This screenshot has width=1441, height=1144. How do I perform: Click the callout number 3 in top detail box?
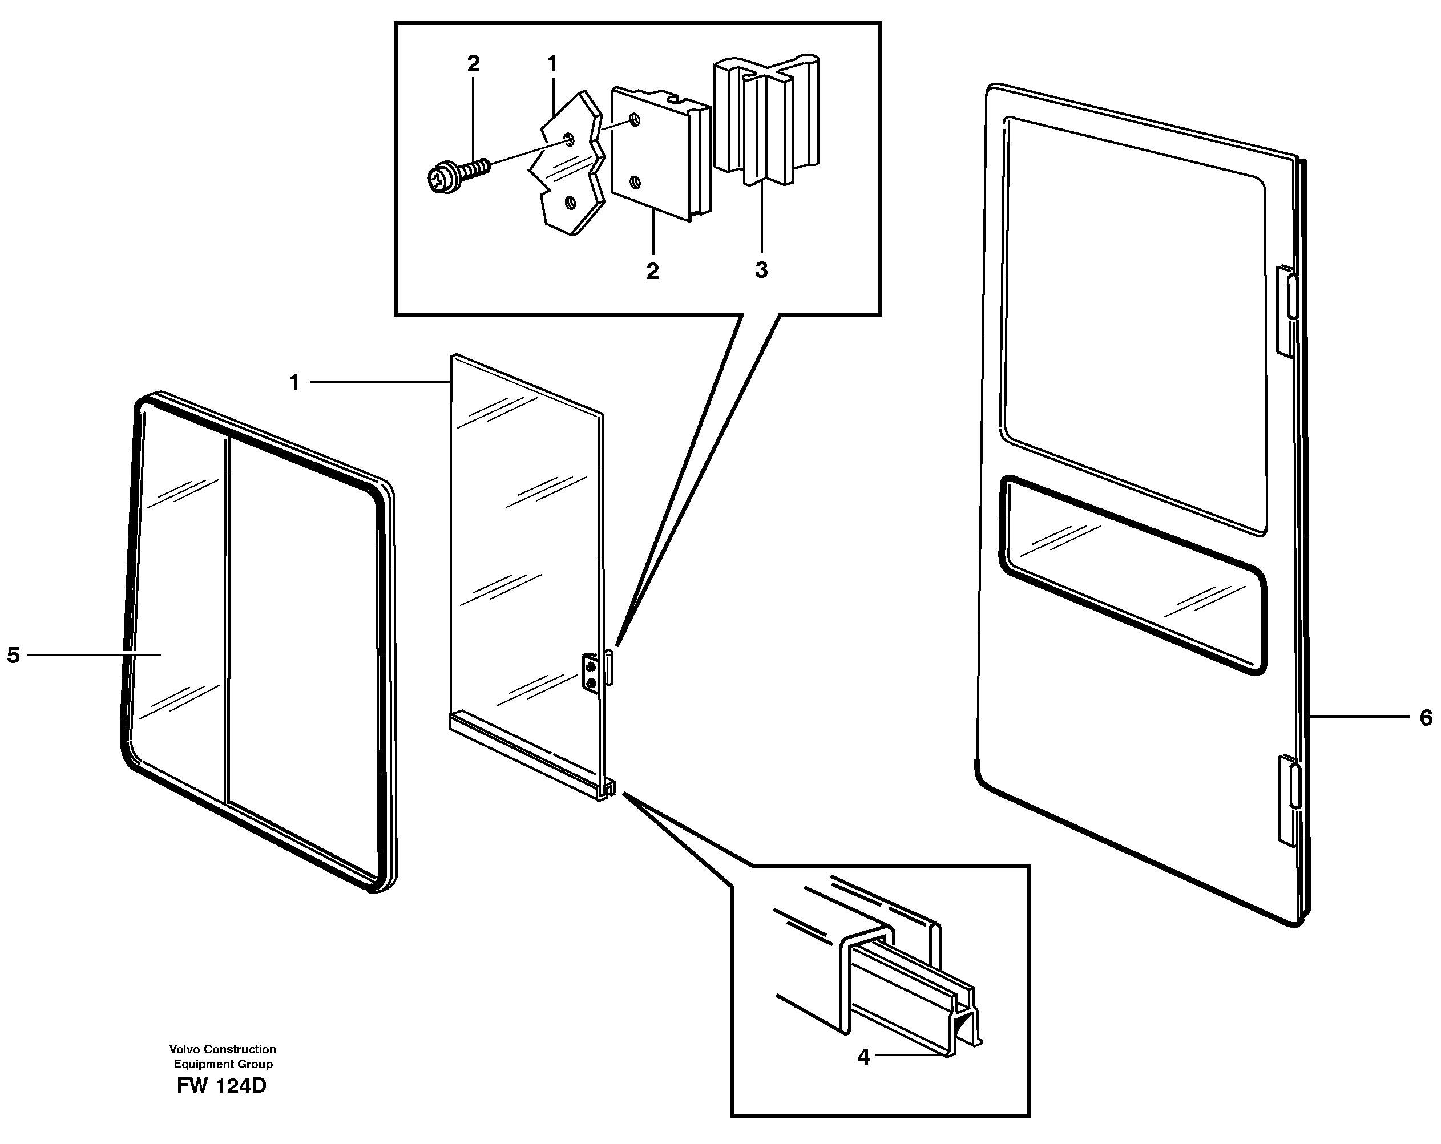[x=761, y=270]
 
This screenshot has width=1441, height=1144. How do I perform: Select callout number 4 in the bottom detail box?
[x=863, y=1057]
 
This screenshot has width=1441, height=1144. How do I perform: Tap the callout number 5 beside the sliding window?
[x=13, y=655]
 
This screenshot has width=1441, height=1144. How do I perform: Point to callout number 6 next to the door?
[x=1425, y=718]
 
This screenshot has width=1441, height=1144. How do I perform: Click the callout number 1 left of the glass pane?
[x=294, y=383]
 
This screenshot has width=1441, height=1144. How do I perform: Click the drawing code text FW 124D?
[x=221, y=1086]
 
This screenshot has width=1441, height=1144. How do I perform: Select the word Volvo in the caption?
[x=185, y=1049]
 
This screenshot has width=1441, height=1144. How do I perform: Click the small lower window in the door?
[x=1132, y=575]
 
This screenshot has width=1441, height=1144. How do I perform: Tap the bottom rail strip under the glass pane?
[x=528, y=755]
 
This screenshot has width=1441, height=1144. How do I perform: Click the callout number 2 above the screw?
[x=473, y=64]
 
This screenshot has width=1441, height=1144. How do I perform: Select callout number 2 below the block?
[x=652, y=271]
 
